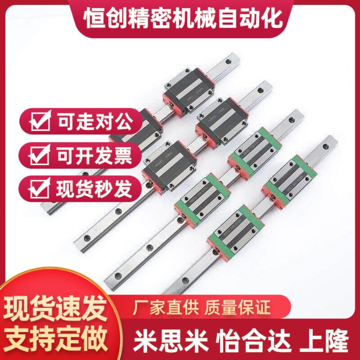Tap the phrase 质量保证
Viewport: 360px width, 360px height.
click(238, 308)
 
